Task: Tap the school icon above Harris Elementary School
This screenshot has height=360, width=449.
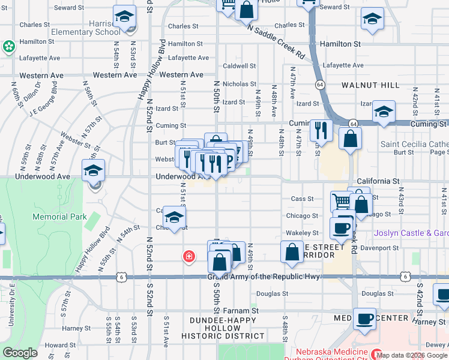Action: [125, 17]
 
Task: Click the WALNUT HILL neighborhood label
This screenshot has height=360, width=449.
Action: [370, 85]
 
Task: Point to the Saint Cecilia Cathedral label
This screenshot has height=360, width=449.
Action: [414, 145]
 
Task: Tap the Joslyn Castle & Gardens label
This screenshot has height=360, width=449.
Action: [411, 233]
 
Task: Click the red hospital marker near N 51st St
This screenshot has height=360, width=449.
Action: [189, 257]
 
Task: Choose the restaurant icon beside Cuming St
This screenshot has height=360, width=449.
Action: [321, 129]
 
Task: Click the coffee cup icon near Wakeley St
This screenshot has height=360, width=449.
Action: [342, 228]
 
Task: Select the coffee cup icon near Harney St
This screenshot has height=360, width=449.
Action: [364, 317]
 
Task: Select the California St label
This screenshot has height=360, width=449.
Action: [378, 181]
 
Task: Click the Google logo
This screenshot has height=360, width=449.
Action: [20, 353]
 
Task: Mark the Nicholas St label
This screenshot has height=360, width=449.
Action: [240, 84]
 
